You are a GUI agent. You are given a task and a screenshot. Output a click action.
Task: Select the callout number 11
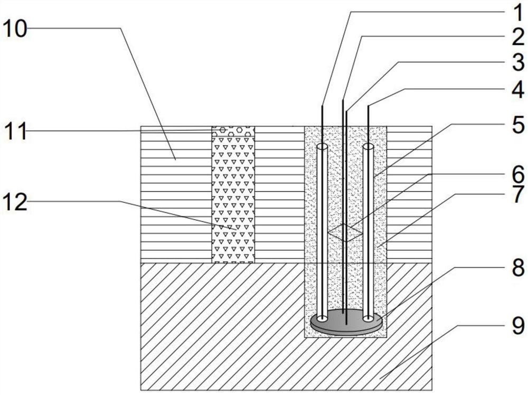tap(16, 131)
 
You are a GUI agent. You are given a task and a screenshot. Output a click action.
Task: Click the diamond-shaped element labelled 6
tap(345, 232)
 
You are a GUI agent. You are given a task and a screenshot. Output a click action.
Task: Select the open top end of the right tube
tap(368, 145)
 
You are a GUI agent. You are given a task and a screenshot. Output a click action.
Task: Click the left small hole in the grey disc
tap(321, 318)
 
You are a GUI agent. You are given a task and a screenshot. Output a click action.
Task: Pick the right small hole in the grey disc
tap(368, 318)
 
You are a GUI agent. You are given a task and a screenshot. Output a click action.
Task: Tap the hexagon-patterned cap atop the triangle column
tap(233, 129)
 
